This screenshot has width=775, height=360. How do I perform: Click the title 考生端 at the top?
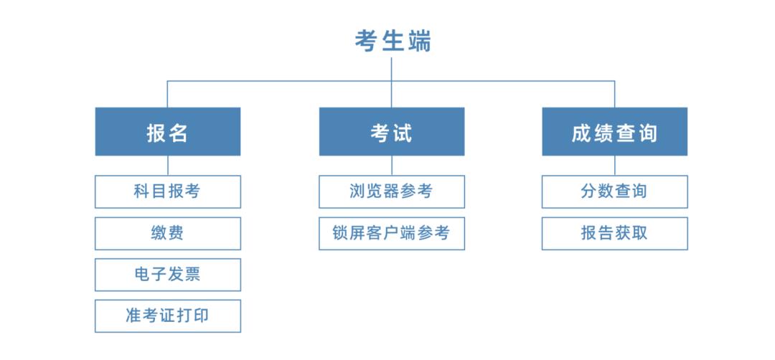[x=393, y=41]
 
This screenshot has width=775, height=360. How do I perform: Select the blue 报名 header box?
[x=167, y=131]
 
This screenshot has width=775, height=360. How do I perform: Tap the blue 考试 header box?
[x=391, y=131]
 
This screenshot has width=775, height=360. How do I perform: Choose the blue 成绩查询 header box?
[x=614, y=131]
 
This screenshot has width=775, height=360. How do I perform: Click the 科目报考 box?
[x=167, y=191]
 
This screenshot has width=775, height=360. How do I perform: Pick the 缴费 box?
[x=167, y=233]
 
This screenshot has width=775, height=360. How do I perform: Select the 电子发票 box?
[x=167, y=275]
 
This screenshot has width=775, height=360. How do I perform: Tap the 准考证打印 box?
[x=167, y=316]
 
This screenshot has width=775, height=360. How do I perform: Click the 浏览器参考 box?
[x=391, y=191]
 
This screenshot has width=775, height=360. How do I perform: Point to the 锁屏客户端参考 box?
[x=391, y=233]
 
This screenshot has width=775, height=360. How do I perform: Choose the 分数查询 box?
[x=614, y=191]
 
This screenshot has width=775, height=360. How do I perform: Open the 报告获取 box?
[x=614, y=233]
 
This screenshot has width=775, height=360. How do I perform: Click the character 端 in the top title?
[x=419, y=41]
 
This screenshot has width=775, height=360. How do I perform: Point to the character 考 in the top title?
[x=366, y=41]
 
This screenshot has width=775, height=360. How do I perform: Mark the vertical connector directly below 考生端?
[x=392, y=69]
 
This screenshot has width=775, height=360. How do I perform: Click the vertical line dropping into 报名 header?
[x=167, y=94]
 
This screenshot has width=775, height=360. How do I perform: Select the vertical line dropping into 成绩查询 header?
[x=614, y=94]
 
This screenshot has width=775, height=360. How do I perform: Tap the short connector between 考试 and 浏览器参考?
[x=392, y=166]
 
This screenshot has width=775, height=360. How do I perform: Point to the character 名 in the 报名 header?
[x=178, y=133]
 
